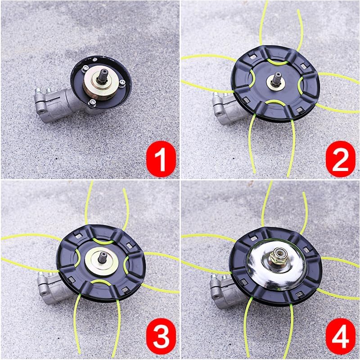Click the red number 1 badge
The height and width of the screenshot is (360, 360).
click(161, 159)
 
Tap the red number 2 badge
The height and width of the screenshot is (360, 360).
click(341, 159)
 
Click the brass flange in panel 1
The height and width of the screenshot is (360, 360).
click(101, 84)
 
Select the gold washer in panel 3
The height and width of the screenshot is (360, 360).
click(102, 262)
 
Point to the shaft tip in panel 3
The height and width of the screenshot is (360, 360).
click(103, 256)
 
